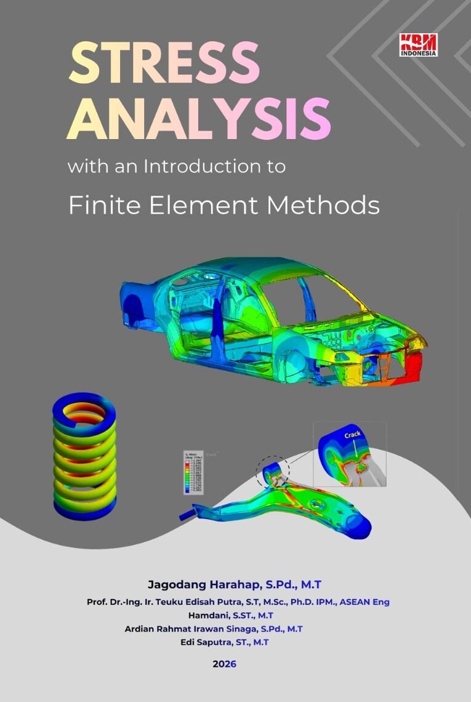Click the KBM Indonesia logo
(419, 45)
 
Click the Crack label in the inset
(353, 435)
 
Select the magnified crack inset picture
(349, 454)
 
